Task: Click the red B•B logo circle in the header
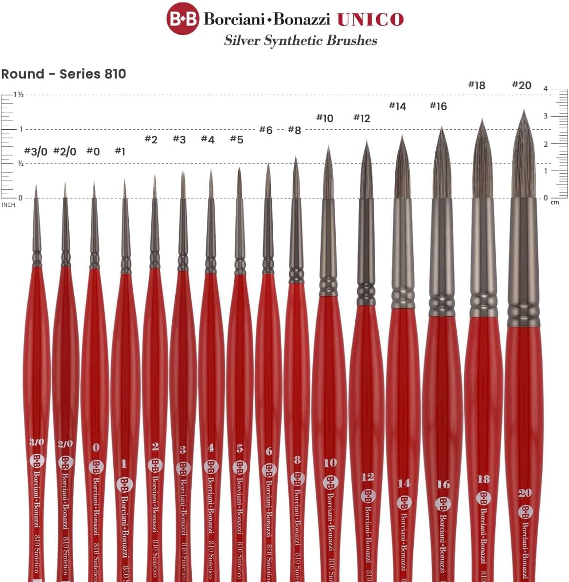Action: pos(183,19)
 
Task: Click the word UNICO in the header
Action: pos(370,20)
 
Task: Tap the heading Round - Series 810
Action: pos(63,74)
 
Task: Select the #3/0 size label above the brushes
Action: pos(36,152)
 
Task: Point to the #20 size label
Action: pos(521,85)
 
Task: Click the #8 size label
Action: pos(294,130)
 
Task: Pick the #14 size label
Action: pos(397,106)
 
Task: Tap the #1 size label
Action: pos(120,151)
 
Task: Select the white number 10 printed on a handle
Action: pos(330,462)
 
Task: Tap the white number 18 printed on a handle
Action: pos(484,479)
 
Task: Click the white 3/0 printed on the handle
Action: pos(37,442)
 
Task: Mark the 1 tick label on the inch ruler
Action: pos(21,129)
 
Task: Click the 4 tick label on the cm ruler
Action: pos(546,89)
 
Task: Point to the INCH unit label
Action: pos(8,205)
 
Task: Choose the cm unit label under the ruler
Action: pos(555,202)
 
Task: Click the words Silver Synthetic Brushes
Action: pos(301,40)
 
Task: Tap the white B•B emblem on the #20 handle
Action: pos(526,512)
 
